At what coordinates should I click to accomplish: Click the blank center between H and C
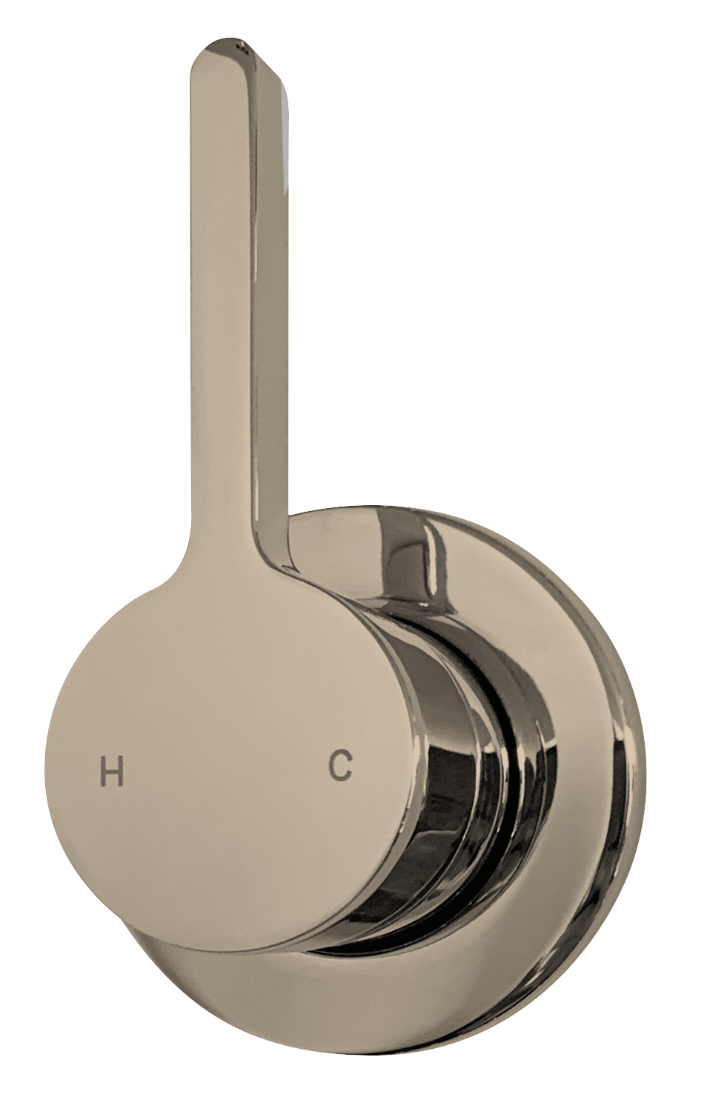(x=226, y=770)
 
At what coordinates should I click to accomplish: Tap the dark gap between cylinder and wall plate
(x=511, y=741)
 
